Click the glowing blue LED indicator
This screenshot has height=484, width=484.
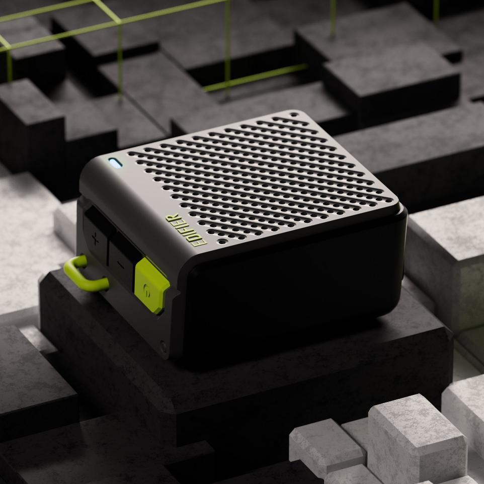115,163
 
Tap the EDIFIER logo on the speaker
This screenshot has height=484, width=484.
186,230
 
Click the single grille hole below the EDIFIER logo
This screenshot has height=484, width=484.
222,241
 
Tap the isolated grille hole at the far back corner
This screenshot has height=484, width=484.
294,115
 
